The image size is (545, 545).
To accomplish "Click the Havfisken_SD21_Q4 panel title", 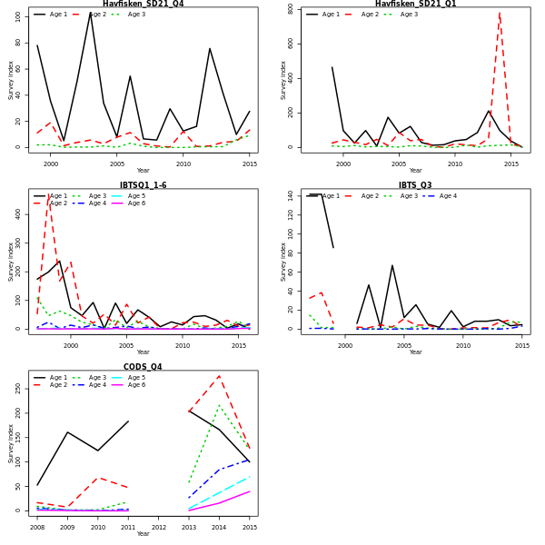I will [x=143, y=4].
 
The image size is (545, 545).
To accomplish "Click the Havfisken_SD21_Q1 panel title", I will [x=415, y=4].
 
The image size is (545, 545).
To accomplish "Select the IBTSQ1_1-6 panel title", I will [x=143, y=185].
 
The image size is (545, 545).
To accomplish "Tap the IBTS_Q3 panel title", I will [x=415, y=185].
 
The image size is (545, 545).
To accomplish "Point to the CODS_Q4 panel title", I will [x=143, y=367].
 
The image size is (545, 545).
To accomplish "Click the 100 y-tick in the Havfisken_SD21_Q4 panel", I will [x=20, y=15].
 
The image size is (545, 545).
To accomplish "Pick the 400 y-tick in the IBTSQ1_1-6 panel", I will [x=18, y=213].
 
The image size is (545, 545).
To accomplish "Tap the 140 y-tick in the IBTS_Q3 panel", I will [x=291, y=194].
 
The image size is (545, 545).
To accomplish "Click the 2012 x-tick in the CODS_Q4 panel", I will [x=158, y=527].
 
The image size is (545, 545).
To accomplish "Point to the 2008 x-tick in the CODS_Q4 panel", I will [x=37, y=527].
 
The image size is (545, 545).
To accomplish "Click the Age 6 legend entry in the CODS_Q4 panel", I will [x=134, y=385].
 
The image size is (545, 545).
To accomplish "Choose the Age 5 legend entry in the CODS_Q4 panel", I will [x=134, y=378].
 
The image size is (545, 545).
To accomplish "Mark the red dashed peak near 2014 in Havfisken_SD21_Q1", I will [x=500, y=12].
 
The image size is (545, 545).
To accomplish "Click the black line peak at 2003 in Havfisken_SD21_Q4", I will [x=90, y=14].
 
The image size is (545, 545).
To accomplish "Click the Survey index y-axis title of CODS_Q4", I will [x=11, y=443].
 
